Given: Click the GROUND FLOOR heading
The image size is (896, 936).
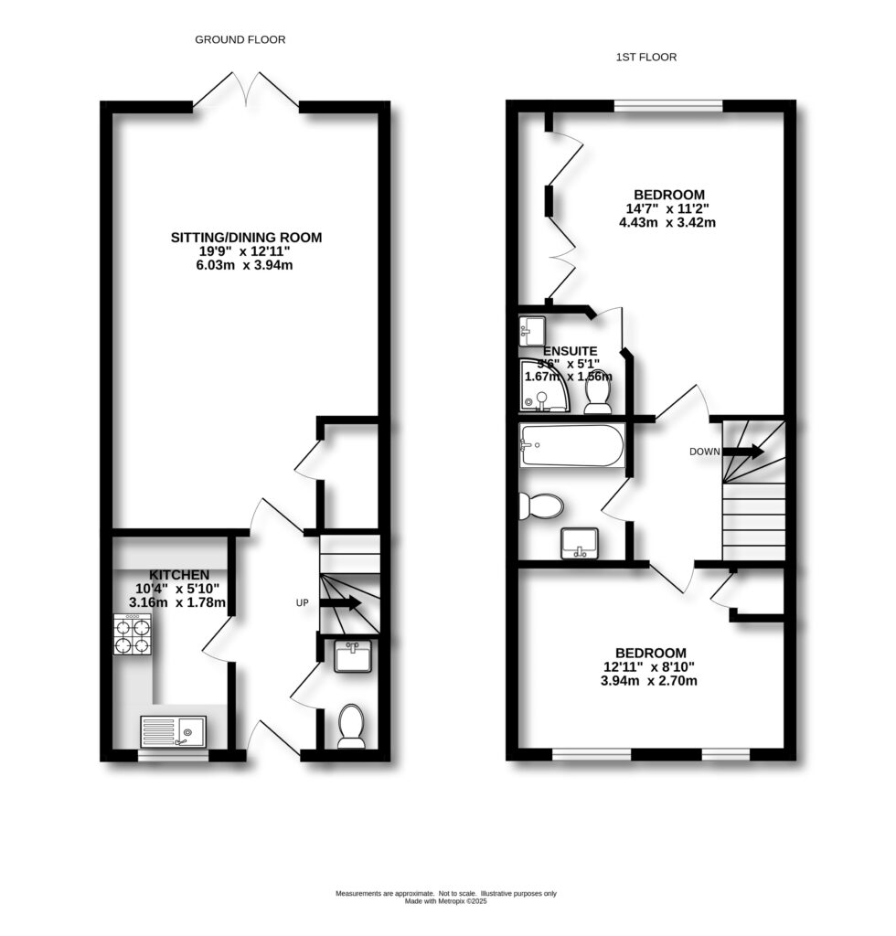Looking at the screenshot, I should point(240,39).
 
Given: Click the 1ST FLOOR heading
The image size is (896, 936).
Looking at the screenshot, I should point(646,58).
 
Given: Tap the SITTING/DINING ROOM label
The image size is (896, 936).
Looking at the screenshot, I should point(247,238).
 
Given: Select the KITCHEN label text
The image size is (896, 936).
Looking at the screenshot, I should point(174,573).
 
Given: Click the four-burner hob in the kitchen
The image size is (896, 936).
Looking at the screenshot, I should point(133,634).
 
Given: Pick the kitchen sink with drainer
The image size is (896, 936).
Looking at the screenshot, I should point(173,731).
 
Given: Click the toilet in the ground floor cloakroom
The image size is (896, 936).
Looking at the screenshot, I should point(351,726).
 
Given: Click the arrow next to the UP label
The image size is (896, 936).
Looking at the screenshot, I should point(341,602).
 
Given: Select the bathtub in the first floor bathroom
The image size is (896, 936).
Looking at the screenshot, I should point(571,446).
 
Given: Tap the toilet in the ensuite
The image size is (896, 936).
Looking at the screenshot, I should point(598,392).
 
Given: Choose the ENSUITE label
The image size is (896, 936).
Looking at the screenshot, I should point(570,351).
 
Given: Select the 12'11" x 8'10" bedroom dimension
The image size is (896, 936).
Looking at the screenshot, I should point(650,666).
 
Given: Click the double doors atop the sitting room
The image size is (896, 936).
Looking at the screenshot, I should point(246,91).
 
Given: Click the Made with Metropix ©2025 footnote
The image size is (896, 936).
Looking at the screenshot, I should point(446,901).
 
